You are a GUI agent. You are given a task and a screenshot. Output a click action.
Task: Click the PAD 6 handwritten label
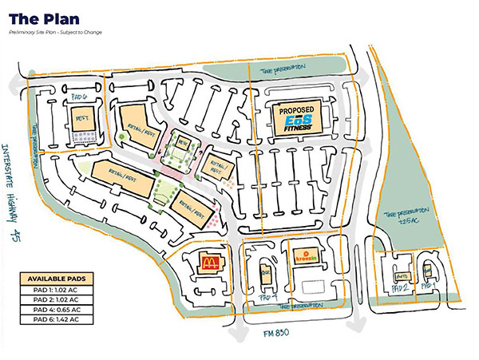pyautogui.click(x=78, y=97)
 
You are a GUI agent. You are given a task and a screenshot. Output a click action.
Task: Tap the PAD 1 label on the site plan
pyautogui.click(x=430, y=285)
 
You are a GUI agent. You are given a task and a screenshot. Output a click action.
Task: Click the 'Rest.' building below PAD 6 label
pyautogui.click(x=82, y=121)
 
